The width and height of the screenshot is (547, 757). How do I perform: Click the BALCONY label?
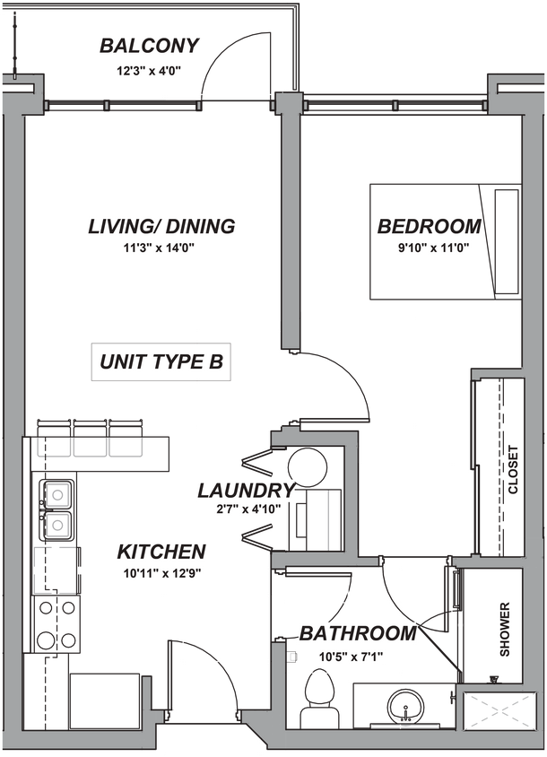click(150, 46)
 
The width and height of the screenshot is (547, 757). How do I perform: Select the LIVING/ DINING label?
click(161, 226)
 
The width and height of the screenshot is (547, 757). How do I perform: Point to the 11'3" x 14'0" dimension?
click(161, 248)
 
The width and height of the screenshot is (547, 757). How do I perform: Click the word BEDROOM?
click(430, 226)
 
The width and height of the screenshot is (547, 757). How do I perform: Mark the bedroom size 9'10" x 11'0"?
click(430, 248)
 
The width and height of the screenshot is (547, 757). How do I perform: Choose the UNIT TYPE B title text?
click(161, 363)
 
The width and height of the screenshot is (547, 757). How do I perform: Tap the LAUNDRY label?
click(246, 491)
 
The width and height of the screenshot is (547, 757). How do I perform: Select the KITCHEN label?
click(162, 551)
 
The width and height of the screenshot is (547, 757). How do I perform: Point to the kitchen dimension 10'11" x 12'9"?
click(162, 572)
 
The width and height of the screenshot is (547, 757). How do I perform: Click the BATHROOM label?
click(358, 634)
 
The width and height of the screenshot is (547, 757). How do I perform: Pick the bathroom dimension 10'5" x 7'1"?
click(352, 656)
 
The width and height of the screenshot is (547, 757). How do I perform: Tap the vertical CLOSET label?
click(513, 470)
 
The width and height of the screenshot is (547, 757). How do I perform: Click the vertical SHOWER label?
click(505, 629)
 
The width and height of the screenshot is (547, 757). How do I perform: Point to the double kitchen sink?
click(58, 508)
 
